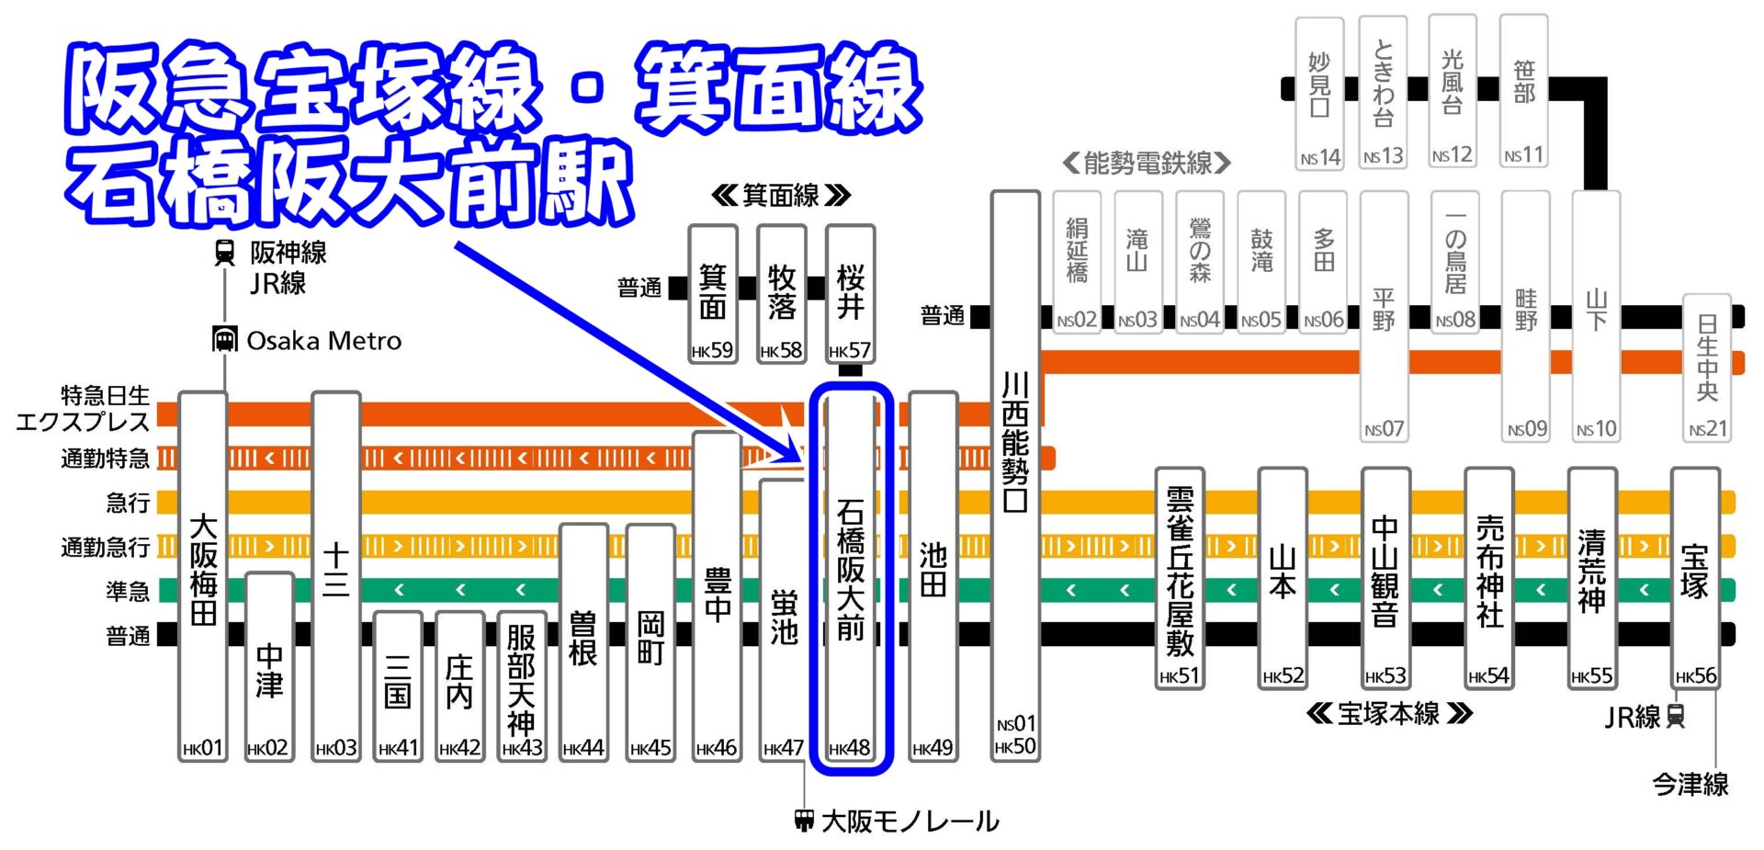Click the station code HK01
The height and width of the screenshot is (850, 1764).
tap(203, 748)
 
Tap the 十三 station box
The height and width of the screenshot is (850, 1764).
tap(336, 570)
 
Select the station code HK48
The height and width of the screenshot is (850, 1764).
tap(850, 748)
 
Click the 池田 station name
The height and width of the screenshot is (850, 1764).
tap(933, 570)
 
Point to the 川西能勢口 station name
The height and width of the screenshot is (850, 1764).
tap(1014, 441)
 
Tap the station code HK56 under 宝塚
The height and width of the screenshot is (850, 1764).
tap(1695, 676)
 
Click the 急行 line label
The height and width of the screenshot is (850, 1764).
tap(128, 503)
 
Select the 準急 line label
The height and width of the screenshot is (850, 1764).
tap(128, 591)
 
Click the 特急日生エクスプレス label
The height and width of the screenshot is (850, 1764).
tap(83, 409)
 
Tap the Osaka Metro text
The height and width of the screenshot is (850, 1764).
tap(323, 341)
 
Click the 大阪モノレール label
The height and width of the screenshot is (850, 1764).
tap(910, 821)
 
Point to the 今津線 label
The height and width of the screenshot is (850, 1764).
tap(1690, 784)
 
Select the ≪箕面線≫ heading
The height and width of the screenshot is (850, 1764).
tap(781, 196)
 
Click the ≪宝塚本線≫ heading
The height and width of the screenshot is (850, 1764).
tap(1388, 714)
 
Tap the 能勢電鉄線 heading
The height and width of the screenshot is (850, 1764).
tap(1147, 164)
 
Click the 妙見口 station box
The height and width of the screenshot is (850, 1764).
tap(1319, 92)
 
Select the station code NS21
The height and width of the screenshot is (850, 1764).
tap(1708, 429)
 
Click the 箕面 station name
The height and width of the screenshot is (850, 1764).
tap(713, 292)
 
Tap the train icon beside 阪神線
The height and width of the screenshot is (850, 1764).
tap(224, 253)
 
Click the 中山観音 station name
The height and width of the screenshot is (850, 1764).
tap(1385, 570)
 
